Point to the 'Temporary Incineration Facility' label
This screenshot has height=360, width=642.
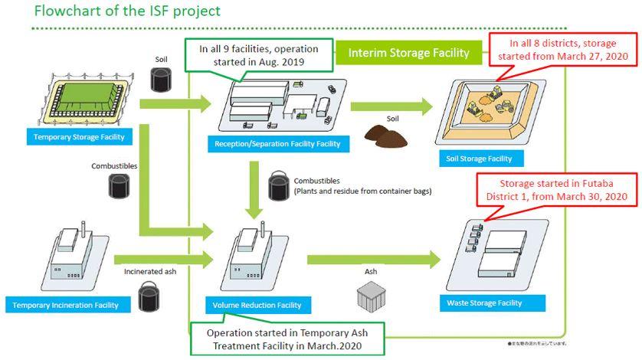[x=65, y=305]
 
